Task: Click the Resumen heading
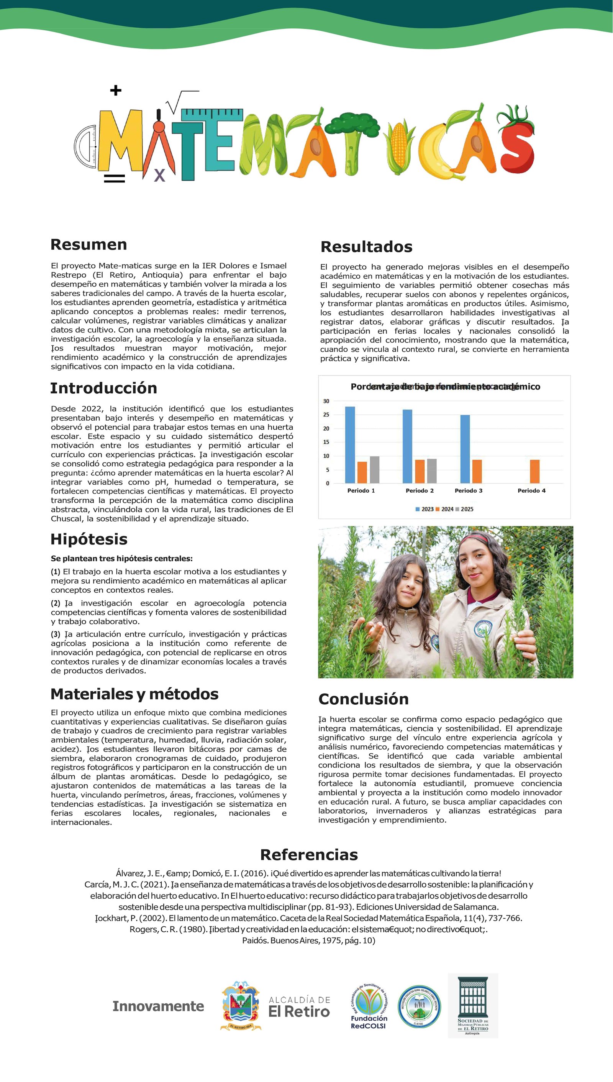click(x=89, y=245)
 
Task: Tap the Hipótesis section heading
click(x=89, y=539)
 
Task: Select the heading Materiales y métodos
click(x=134, y=694)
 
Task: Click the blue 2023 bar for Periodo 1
click(x=350, y=444)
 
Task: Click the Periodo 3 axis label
click(x=468, y=490)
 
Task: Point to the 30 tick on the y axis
click(x=326, y=401)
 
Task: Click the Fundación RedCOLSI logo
click(x=369, y=1006)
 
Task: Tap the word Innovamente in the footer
click(x=158, y=1006)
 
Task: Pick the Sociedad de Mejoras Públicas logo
click(x=473, y=1005)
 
